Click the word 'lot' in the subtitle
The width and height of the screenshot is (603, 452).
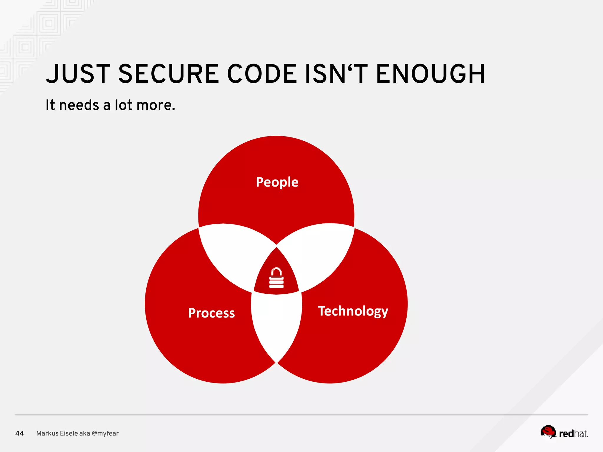[x=123, y=105]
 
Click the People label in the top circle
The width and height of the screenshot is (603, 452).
[x=277, y=182]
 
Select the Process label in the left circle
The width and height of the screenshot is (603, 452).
[x=211, y=313]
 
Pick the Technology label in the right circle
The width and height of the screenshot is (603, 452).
[x=353, y=311]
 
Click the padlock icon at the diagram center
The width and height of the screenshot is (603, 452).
[x=276, y=278]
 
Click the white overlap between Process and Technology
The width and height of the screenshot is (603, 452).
[x=276, y=324]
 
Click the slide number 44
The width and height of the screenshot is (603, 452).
[x=19, y=433]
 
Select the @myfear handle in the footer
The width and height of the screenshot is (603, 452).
[x=105, y=433]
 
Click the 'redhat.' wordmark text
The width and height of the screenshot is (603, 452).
[x=573, y=434]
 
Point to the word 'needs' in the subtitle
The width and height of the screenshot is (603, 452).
[x=79, y=105]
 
